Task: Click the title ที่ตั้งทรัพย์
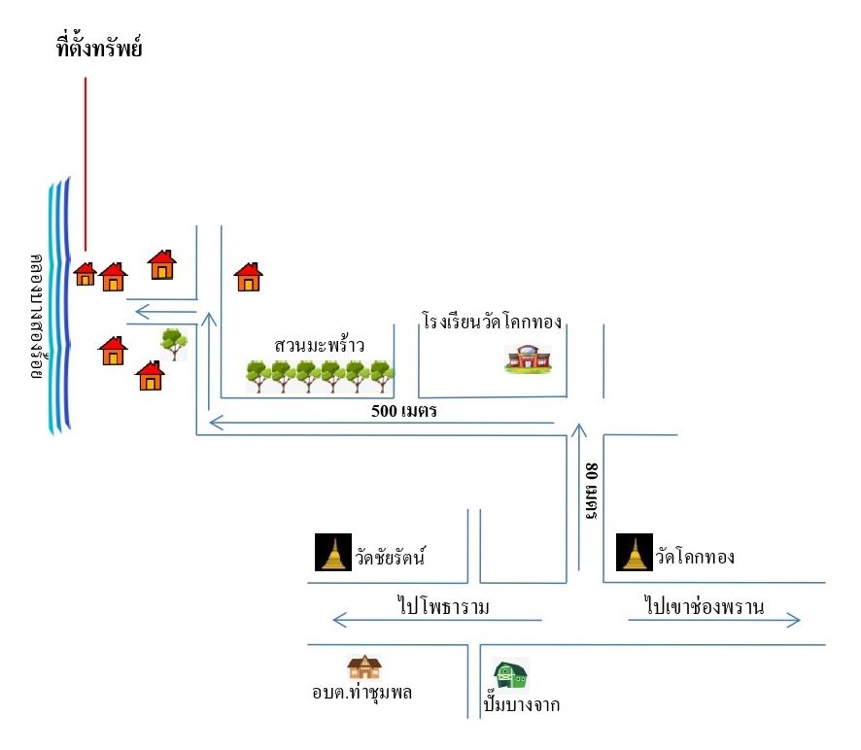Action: coord(99,47)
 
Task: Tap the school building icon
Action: coord(528,359)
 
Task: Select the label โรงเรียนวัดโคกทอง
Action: coord(492,321)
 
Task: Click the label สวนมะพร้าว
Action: coord(319,345)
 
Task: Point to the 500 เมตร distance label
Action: coord(403,411)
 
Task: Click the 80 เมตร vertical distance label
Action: coord(592,491)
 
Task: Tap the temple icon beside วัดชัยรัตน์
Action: coord(333,553)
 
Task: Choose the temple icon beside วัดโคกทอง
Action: coord(635,553)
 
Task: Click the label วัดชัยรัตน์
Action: coord(391,557)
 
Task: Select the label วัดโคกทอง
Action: coord(695,557)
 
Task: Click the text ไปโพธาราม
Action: coord(443,606)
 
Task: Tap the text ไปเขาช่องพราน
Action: coord(704,606)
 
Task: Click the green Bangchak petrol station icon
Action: coord(511,674)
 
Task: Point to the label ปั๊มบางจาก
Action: coord(522,703)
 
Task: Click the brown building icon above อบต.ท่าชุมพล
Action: coord(364,667)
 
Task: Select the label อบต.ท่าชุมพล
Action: coord(362,692)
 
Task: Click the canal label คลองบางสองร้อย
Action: coord(37,317)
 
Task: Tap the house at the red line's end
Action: coord(86,273)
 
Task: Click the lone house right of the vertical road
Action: coord(248,276)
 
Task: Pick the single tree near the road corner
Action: coord(174,344)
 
